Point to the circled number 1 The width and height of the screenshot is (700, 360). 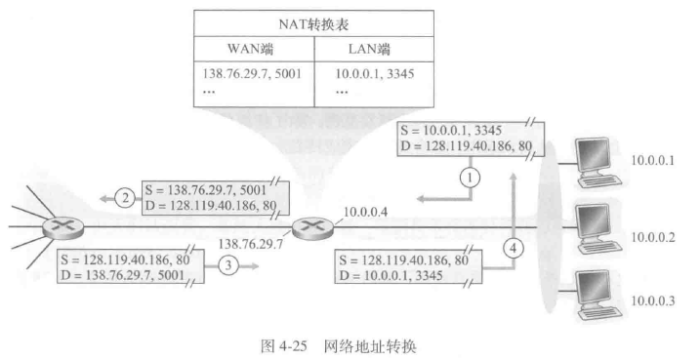[x=472, y=178]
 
